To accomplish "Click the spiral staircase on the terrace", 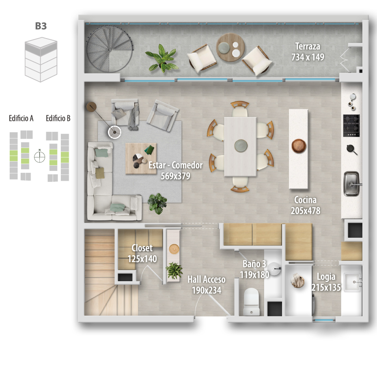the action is [x=110, y=49].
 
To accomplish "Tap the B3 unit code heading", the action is [x=41, y=26].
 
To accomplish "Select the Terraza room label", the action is [x=308, y=46].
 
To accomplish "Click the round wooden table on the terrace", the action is [x=231, y=47].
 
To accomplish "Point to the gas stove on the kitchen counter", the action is [x=351, y=125].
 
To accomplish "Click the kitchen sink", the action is [x=352, y=184].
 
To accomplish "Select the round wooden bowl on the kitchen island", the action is [x=299, y=146].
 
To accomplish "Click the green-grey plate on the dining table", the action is [x=241, y=146].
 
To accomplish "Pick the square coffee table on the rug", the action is [x=141, y=158].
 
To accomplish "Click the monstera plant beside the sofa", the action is [x=157, y=203].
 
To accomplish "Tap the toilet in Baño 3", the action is [x=252, y=302].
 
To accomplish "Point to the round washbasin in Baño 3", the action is [x=274, y=269].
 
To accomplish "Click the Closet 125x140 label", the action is [x=142, y=253].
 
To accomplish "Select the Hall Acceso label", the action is [x=207, y=280].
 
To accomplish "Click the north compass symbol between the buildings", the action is [x=40, y=157].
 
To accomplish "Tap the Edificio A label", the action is [x=21, y=118].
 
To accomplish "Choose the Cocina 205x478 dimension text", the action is [x=305, y=211].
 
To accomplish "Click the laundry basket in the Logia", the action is [x=297, y=280].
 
